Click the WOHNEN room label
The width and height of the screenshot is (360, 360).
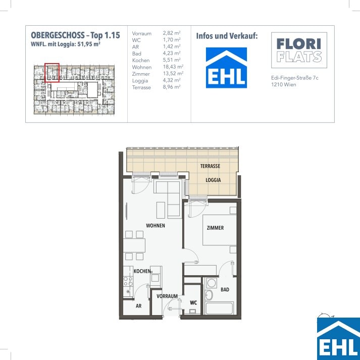[156, 226]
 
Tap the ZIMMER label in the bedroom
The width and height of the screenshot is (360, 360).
[215, 228]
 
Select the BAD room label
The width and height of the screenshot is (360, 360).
[225, 289]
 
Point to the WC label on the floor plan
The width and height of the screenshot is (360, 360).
[193, 302]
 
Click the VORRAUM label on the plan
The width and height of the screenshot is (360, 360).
[167, 296]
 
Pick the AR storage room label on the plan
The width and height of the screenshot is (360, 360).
[138, 306]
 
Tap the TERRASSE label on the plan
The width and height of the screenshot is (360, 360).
[210, 166]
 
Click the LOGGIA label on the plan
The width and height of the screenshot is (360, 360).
[213, 180]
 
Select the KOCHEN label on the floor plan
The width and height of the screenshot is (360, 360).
[142, 271]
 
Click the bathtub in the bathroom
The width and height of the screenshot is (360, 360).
[219, 308]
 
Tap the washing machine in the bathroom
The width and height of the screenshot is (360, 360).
[212, 283]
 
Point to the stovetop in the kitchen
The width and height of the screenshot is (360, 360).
[128, 281]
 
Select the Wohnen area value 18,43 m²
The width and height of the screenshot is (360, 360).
[173, 67]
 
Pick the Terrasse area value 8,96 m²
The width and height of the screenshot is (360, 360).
[172, 87]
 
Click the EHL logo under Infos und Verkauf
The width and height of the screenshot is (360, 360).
[226, 68]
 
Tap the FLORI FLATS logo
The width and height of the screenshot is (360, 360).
[299, 50]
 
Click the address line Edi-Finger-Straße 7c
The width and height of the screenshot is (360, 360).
[295, 78]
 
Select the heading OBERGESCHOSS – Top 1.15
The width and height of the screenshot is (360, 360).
[76, 35]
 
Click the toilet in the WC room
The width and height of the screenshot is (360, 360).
[192, 312]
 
